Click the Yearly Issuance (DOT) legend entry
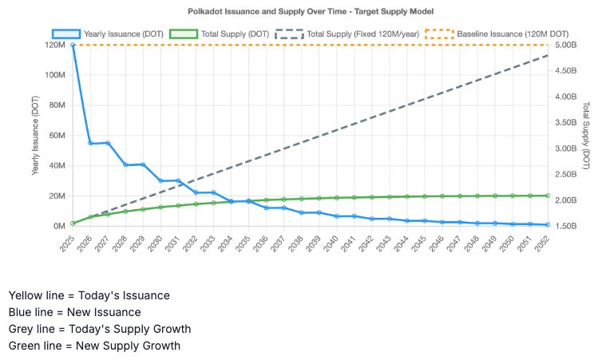pos(108,34)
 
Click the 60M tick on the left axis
pos(57,136)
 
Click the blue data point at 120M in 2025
pos(73,45)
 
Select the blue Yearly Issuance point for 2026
pos(90,144)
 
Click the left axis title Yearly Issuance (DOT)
pos(35,136)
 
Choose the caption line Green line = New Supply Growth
pos(94,346)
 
